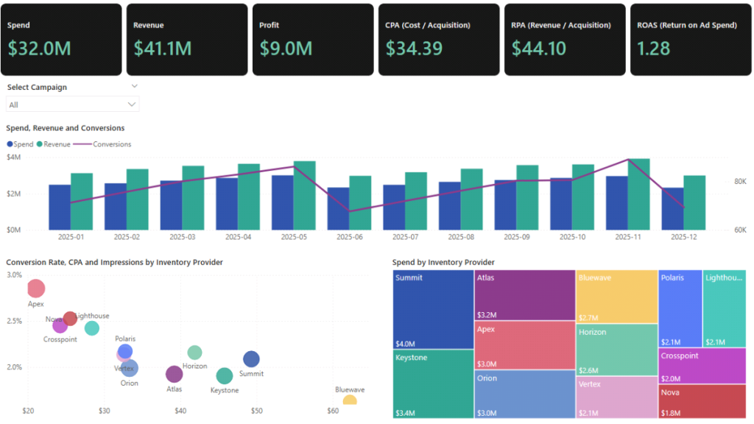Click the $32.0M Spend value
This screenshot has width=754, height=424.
[39, 49]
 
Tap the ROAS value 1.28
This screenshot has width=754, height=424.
[654, 49]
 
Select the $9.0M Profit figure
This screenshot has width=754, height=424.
[286, 49]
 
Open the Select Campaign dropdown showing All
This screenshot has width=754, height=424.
[72, 105]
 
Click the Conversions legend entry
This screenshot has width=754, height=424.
[111, 144]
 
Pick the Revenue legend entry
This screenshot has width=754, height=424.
[57, 144]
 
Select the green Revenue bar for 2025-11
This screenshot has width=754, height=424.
[638, 194]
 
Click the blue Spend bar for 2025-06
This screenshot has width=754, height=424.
[338, 208]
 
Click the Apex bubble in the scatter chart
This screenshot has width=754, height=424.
[36, 289]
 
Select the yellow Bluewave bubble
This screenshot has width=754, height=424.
[350, 400]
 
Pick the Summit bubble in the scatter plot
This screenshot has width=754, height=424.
[251, 359]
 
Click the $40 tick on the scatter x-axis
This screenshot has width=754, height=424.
[180, 410]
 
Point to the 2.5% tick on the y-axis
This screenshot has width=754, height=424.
[14, 321]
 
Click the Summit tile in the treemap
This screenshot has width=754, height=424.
[433, 309]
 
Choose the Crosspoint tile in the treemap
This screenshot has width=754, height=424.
[703, 366]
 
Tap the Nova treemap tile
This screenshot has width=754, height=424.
[703, 402]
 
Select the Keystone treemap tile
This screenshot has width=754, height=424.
[433, 384]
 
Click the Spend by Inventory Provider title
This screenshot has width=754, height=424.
[443, 262]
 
